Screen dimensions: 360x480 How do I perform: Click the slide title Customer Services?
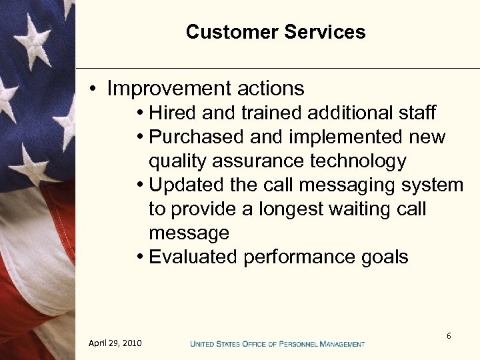point(275,32)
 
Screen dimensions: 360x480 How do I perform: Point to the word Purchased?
point(197,137)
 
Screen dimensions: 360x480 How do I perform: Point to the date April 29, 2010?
point(115,343)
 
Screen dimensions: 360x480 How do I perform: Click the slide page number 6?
point(449,336)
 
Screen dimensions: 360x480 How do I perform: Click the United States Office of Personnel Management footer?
point(277,344)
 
